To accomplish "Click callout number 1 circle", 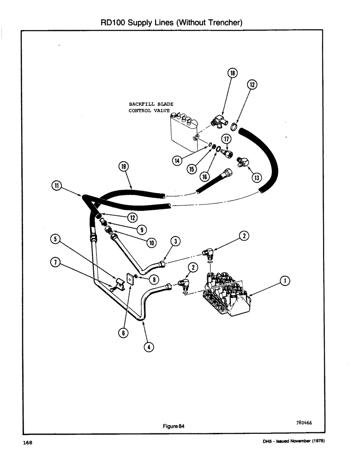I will coord(286,280).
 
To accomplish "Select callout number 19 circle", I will coord(124,167).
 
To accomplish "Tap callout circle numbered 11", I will coord(57,186).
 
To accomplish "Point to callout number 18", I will coord(232,73).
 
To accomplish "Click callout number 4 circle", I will coord(147,347).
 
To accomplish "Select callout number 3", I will coord(175,241).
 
